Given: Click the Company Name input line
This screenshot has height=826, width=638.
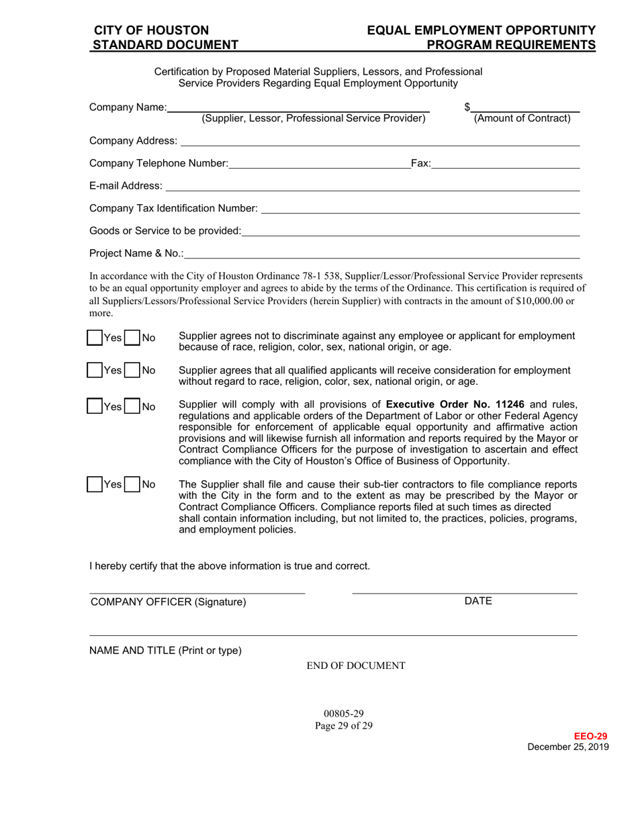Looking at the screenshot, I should click(299, 107).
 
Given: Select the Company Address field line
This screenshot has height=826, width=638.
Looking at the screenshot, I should click(379, 140).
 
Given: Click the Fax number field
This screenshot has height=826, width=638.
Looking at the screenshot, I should click(505, 163).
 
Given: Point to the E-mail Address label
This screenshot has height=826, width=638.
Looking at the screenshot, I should click(126, 185).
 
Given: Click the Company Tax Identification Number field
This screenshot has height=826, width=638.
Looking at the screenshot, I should click(420, 209).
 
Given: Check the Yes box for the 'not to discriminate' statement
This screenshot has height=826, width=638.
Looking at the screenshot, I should click(95, 338).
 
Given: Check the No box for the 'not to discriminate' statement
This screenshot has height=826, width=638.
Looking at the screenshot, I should click(132, 338).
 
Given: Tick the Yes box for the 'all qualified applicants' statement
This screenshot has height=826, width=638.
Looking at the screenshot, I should click(95, 370).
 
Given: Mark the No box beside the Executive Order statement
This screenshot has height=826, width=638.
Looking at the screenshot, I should click(132, 406).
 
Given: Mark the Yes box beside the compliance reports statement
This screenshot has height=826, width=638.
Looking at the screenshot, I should click(95, 484).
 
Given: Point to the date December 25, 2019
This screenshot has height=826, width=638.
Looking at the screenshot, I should click(568, 747).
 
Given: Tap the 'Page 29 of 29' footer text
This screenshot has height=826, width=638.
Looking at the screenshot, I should click(344, 725).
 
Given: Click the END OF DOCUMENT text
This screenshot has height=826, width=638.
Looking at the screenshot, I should click(356, 666).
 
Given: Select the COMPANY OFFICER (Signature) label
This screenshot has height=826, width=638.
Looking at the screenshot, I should click(169, 602).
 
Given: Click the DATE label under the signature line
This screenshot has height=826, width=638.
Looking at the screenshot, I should click(478, 601).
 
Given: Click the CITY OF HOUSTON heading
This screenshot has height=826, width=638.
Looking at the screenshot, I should click(151, 30).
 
